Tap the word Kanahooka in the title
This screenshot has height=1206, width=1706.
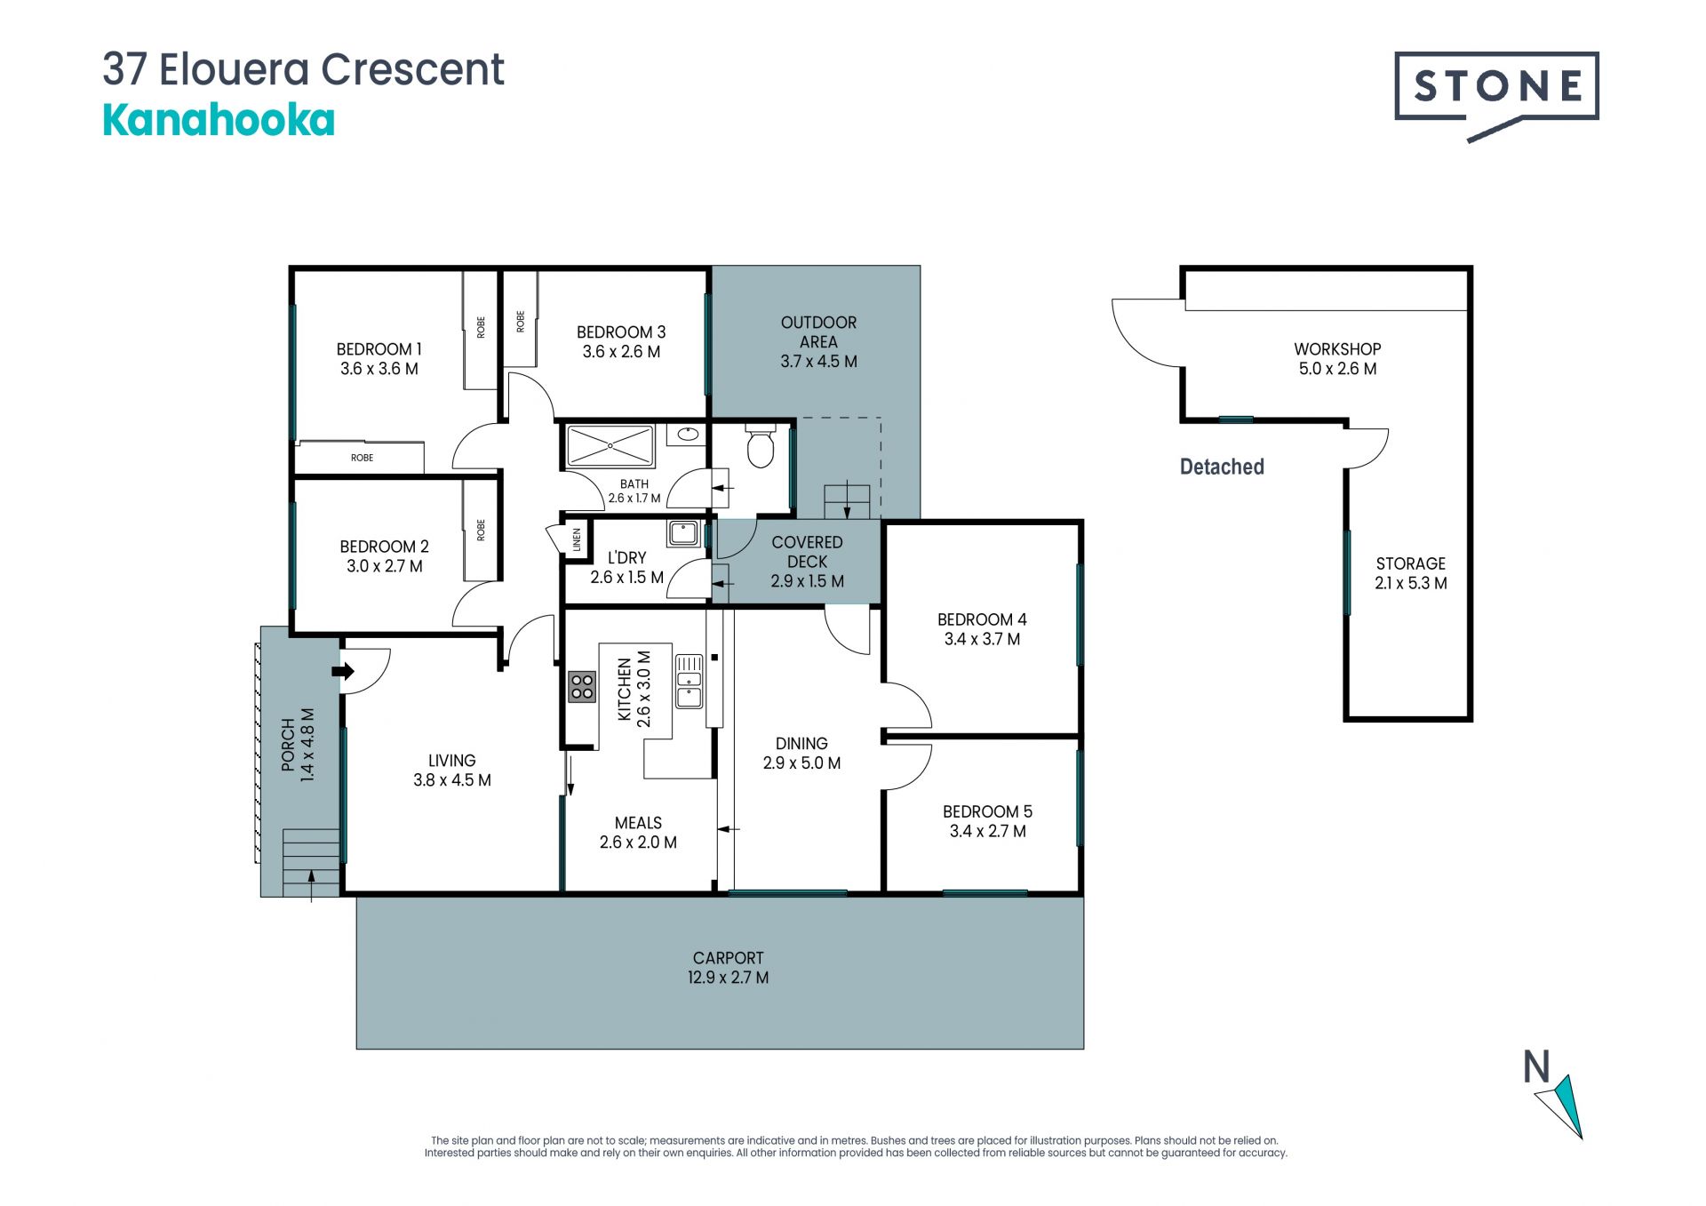219,120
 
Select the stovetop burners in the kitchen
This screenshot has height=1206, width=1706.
582,686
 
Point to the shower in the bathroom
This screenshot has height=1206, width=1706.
610,445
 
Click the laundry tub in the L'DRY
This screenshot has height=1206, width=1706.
683,532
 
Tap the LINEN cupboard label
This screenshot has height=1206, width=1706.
577,539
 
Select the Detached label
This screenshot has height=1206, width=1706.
1222,467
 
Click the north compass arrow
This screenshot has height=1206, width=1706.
1561,1106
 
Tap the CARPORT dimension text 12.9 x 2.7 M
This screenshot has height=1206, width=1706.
728,978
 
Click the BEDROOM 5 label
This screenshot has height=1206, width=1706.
987,811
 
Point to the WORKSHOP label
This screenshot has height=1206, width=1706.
1337,349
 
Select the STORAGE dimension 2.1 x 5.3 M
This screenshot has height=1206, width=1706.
1411,583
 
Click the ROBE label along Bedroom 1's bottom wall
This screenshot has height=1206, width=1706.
362,458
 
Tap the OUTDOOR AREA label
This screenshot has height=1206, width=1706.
818,331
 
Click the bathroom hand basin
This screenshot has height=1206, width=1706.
687,435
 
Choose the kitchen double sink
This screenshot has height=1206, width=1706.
690,682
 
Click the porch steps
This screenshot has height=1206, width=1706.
311,862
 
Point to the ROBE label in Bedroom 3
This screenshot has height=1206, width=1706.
520,321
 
